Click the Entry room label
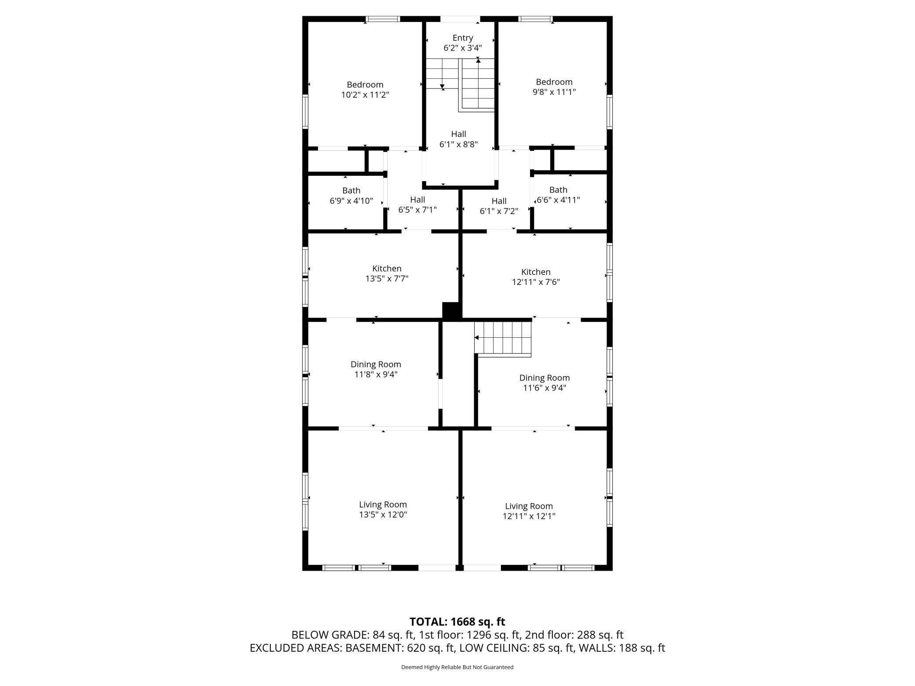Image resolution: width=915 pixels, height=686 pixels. pos(463,38)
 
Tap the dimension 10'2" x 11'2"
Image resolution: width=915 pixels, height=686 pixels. pos(365,95)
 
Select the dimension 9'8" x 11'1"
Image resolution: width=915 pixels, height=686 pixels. pos(554,92)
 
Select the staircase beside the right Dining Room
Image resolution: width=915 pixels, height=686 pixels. pos(503,338)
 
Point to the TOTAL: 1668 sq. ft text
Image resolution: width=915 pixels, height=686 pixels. pos(457,622)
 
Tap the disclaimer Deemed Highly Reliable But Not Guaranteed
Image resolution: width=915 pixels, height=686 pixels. pos(457,667)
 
